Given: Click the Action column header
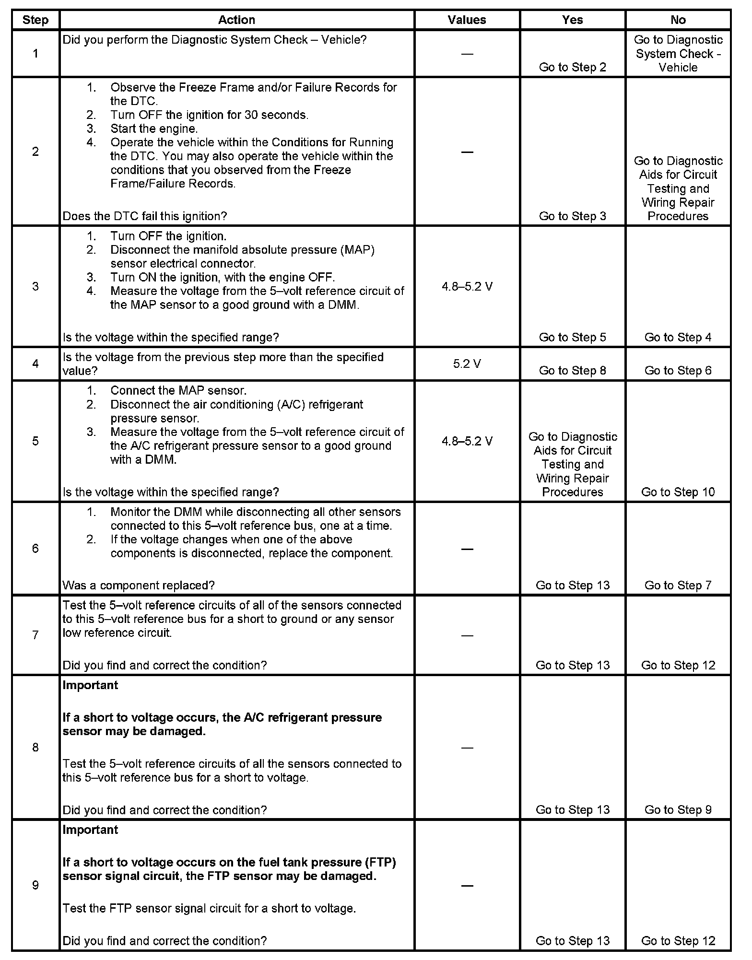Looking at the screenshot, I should (236, 20).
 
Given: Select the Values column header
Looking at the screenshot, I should (467, 20).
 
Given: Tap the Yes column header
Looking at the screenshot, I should (572, 20).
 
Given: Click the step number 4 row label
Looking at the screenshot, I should (35, 363).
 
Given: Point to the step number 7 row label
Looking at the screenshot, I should (35, 635).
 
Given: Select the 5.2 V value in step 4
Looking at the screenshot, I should (467, 364).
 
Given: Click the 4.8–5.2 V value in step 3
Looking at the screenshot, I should (467, 287).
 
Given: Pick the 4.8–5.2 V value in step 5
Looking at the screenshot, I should (467, 441).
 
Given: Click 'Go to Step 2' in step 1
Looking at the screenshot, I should (572, 67).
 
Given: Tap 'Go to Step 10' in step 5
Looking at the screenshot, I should (678, 492).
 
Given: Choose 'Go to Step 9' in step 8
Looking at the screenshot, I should (678, 810).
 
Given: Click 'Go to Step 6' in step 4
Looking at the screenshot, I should (678, 371).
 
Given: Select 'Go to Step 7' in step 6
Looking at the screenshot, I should (678, 585).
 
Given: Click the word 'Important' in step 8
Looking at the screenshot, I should (90, 685).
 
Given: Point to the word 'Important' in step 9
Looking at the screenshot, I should (90, 830).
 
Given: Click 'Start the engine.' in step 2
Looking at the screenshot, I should (154, 129).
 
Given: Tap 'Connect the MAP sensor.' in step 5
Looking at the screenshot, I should (178, 390).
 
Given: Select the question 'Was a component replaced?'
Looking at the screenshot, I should (139, 585).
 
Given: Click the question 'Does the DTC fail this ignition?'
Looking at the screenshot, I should (145, 216).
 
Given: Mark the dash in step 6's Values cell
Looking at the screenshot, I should (467, 549).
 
